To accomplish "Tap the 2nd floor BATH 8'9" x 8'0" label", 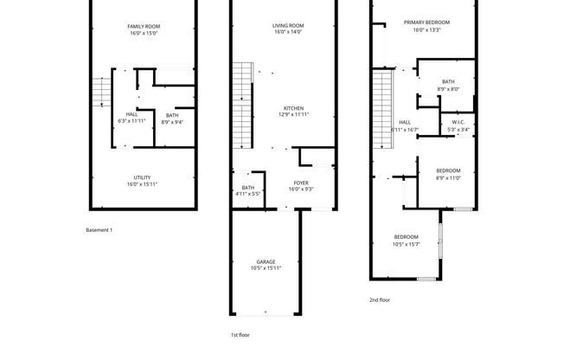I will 448,85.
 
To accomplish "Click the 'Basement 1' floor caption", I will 99,230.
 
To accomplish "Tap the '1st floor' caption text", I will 240,334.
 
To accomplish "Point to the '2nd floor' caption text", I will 380,299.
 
